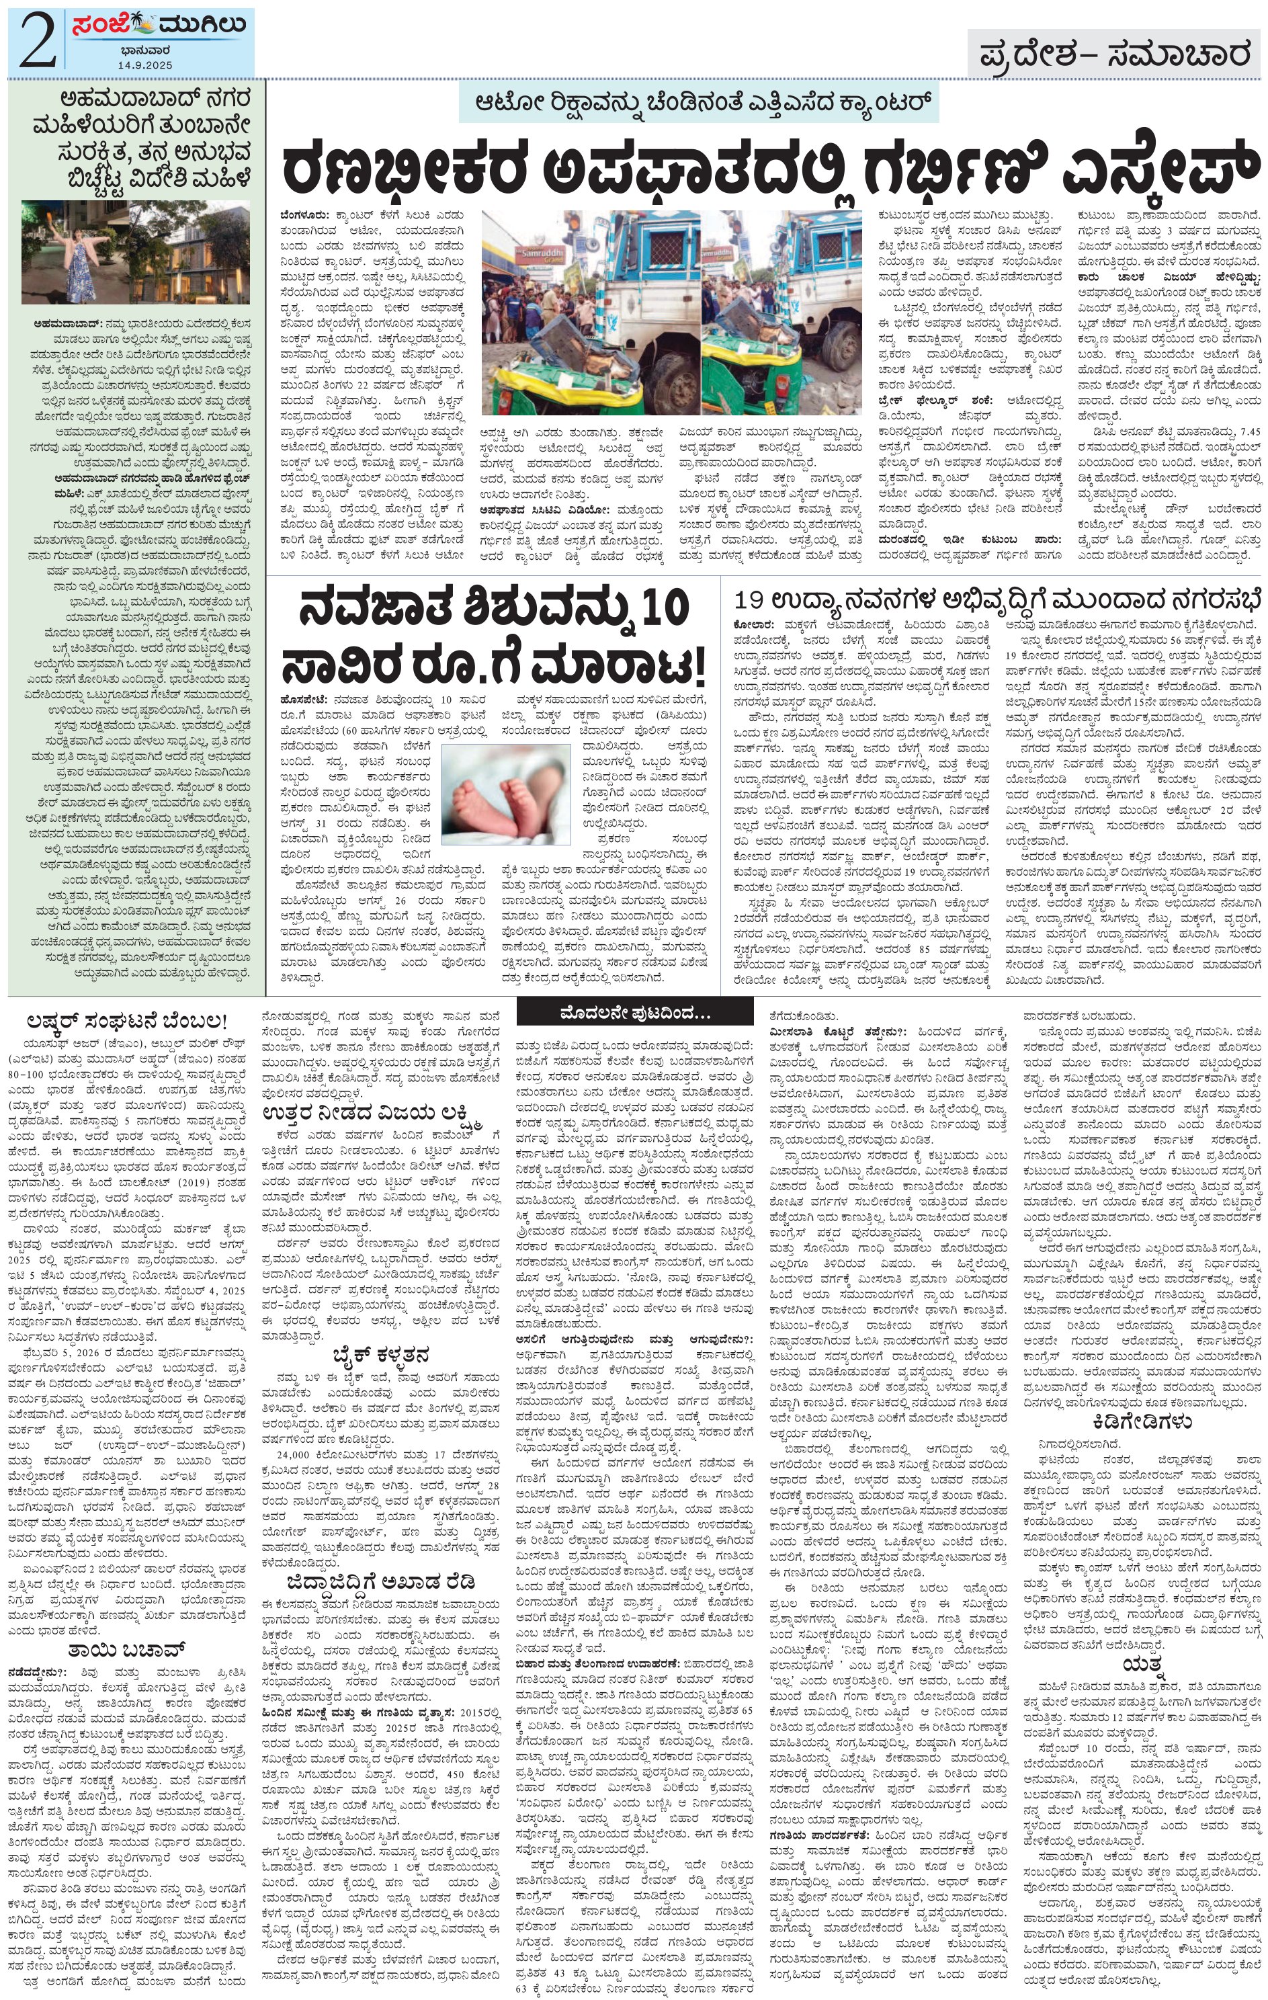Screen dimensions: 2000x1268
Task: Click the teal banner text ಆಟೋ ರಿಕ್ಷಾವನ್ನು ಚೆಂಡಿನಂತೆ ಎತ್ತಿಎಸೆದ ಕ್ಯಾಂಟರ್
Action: pyautogui.click(x=698, y=102)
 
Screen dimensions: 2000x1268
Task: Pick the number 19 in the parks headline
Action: pyautogui.click(x=750, y=601)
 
